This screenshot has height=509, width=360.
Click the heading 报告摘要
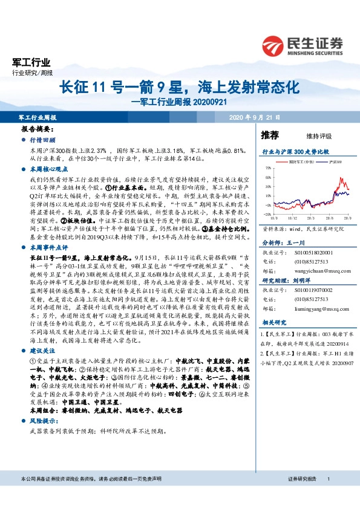[x=37, y=130]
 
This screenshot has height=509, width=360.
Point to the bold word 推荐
[x=270, y=135]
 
